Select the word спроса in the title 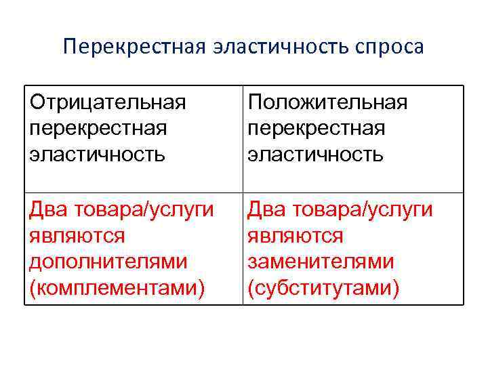point(392,48)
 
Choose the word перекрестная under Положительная point(316,129)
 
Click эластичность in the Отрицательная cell point(97,155)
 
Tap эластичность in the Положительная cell point(316,155)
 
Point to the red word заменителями point(321,262)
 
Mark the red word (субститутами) point(323,289)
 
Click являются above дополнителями point(77,236)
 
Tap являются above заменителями point(296,236)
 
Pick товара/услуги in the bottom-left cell point(142,210)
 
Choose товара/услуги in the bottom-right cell point(361,210)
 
